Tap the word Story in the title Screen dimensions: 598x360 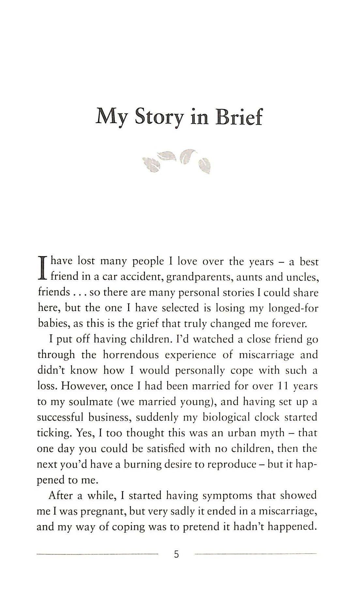click(159, 117)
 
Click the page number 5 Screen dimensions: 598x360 click(176, 554)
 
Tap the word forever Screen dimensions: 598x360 click(290, 324)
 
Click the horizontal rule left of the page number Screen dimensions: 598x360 click(97, 554)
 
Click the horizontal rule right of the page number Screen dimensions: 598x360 click(255, 554)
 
